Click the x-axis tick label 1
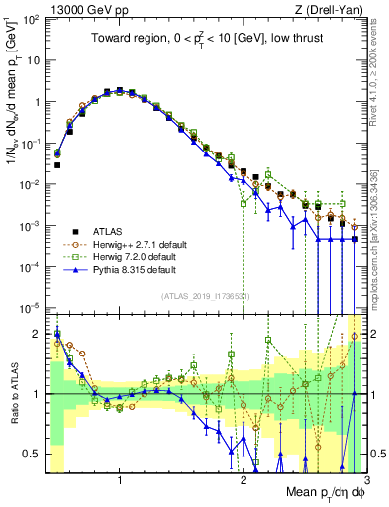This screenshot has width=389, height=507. tap(120, 480)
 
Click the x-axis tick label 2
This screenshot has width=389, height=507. tap(243, 480)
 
